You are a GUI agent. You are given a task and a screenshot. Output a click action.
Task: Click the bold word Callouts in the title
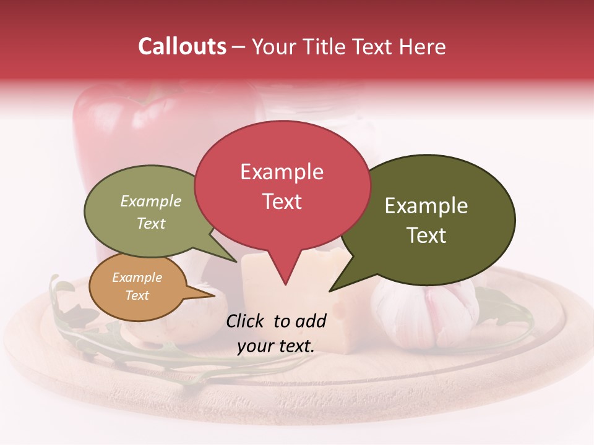click(x=182, y=46)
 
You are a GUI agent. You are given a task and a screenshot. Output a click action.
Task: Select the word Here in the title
click(x=423, y=47)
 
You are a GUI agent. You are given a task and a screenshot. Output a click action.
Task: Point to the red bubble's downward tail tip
click(x=285, y=284)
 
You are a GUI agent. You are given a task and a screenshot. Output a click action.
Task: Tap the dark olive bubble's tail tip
click(x=331, y=290)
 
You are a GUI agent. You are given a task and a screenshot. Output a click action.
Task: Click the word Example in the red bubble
click(x=282, y=172)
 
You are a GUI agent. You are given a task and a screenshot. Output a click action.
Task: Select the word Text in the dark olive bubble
click(x=426, y=235)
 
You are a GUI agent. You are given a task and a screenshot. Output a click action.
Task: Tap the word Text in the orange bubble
click(x=137, y=295)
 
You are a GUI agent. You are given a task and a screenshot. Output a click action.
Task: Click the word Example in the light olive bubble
click(x=151, y=201)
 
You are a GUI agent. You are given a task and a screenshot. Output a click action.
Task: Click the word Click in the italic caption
click(x=246, y=321)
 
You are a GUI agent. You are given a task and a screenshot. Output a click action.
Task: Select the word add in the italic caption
click(x=310, y=321)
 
